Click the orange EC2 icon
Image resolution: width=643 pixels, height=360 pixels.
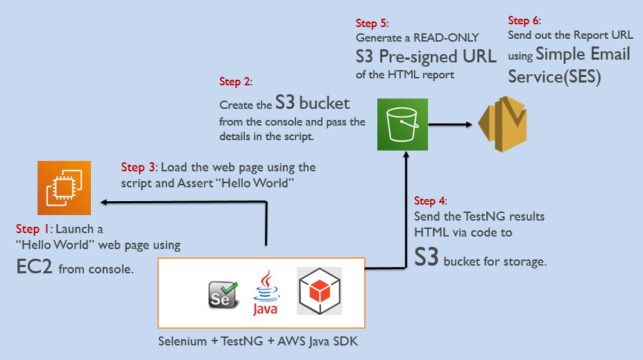pos(65,187)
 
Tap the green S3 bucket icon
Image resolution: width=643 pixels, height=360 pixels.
pos(402,124)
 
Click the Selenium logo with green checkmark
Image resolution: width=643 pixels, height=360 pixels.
pos(223,294)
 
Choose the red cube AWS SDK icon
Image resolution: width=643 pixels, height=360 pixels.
pos(319,292)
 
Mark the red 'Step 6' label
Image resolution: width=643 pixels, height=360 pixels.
pos(524,21)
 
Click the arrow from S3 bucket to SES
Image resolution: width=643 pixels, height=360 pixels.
pos(451,125)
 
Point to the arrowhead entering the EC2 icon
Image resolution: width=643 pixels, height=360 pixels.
pos(104,202)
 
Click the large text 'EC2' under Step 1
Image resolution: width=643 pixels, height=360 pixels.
pos(35,267)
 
